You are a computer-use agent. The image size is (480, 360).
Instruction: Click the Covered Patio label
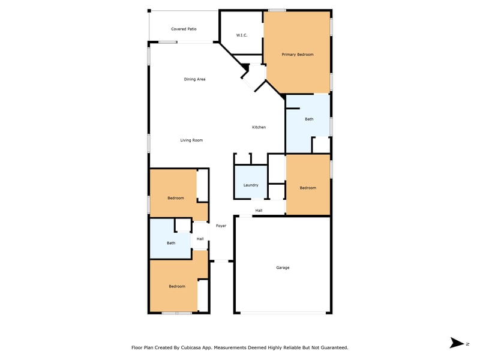coord(184,29)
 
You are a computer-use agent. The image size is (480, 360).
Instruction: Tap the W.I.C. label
coord(242,35)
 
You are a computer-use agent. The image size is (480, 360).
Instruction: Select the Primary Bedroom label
coord(298,55)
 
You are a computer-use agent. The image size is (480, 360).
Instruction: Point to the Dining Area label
coord(194,79)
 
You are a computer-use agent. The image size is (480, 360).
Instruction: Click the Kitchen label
coord(259,127)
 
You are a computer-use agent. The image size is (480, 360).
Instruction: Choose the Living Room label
coord(191,140)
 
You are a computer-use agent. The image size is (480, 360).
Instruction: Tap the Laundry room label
coord(251,185)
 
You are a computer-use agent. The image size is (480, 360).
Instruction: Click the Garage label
coord(283,268)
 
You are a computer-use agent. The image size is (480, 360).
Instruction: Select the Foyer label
coord(221,226)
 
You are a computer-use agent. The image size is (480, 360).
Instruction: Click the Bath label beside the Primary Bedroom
coord(309,119)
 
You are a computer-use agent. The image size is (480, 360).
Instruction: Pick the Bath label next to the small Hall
coord(171,243)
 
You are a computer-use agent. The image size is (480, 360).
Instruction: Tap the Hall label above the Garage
coord(259,211)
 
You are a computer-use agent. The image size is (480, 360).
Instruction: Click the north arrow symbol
coord(457,343)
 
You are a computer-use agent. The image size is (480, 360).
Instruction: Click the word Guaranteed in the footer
coord(335,348)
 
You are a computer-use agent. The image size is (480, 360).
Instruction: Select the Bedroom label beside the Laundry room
coord(308,188)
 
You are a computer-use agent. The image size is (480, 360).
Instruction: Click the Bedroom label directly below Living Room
coord(176,199)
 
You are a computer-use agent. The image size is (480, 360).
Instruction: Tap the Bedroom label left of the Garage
coord(177,287)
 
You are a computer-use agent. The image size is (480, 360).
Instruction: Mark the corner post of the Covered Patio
coord(149,11)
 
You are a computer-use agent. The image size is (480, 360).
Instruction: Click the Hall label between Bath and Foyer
coord(200,239)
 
